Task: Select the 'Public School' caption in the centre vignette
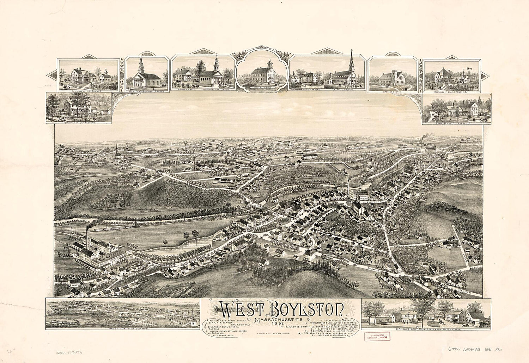click(x=262, y=86)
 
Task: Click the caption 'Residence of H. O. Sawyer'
click(x=87, y=90)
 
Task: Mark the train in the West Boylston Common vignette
click(x=67, y=321)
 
